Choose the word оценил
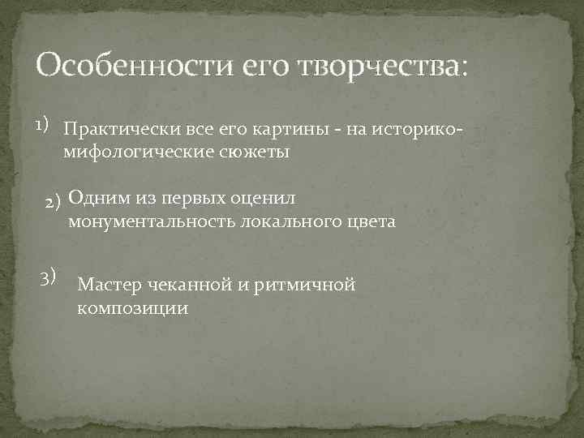click(269, 197)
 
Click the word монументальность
click(152, 222)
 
